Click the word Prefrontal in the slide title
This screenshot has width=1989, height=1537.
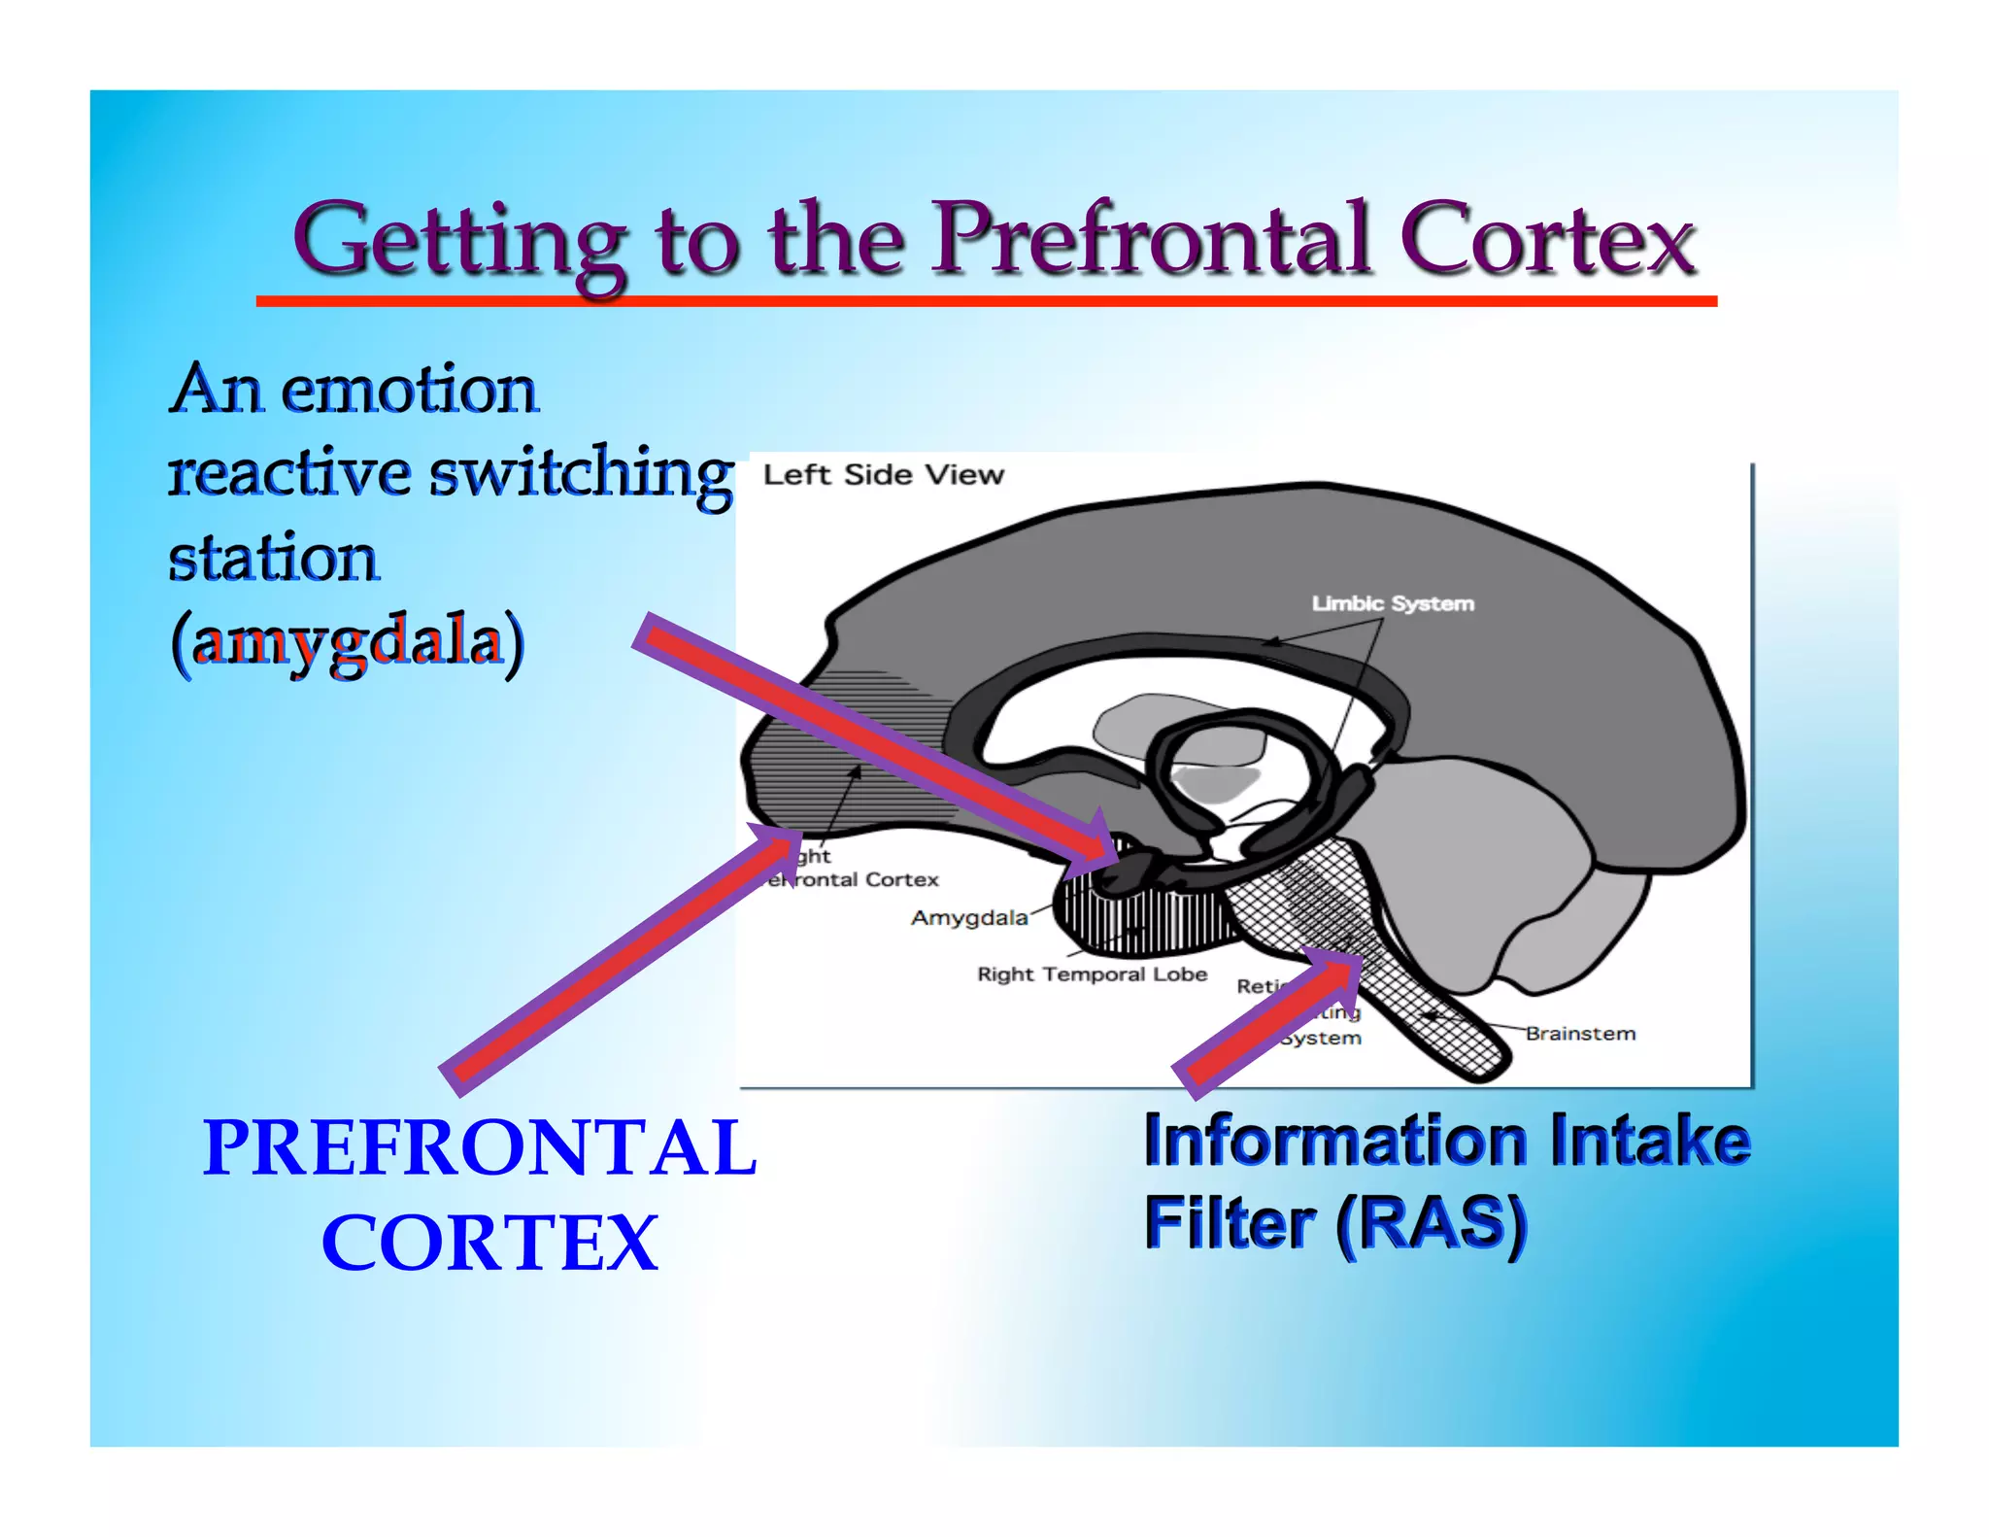click(1152, 239)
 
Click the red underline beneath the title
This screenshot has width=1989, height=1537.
click(986, 302)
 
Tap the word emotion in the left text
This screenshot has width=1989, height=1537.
click(409, 390)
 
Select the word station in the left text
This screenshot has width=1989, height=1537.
click(274, 559)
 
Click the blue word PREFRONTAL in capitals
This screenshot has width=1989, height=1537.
click(480, 1147)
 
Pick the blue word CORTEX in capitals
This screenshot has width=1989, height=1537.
click(489, 1243)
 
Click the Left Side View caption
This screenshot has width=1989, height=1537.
click(883, 475)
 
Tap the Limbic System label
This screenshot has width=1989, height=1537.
click(1393, 603)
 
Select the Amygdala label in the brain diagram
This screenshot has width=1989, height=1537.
click(968, 918)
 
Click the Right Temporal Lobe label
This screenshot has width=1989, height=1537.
click(1092, 974)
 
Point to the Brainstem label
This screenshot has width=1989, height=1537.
click(1580, 1034)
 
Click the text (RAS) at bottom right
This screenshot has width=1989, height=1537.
click(1431, 1223)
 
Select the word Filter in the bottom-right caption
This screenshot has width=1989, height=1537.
click(1230, 1223)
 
